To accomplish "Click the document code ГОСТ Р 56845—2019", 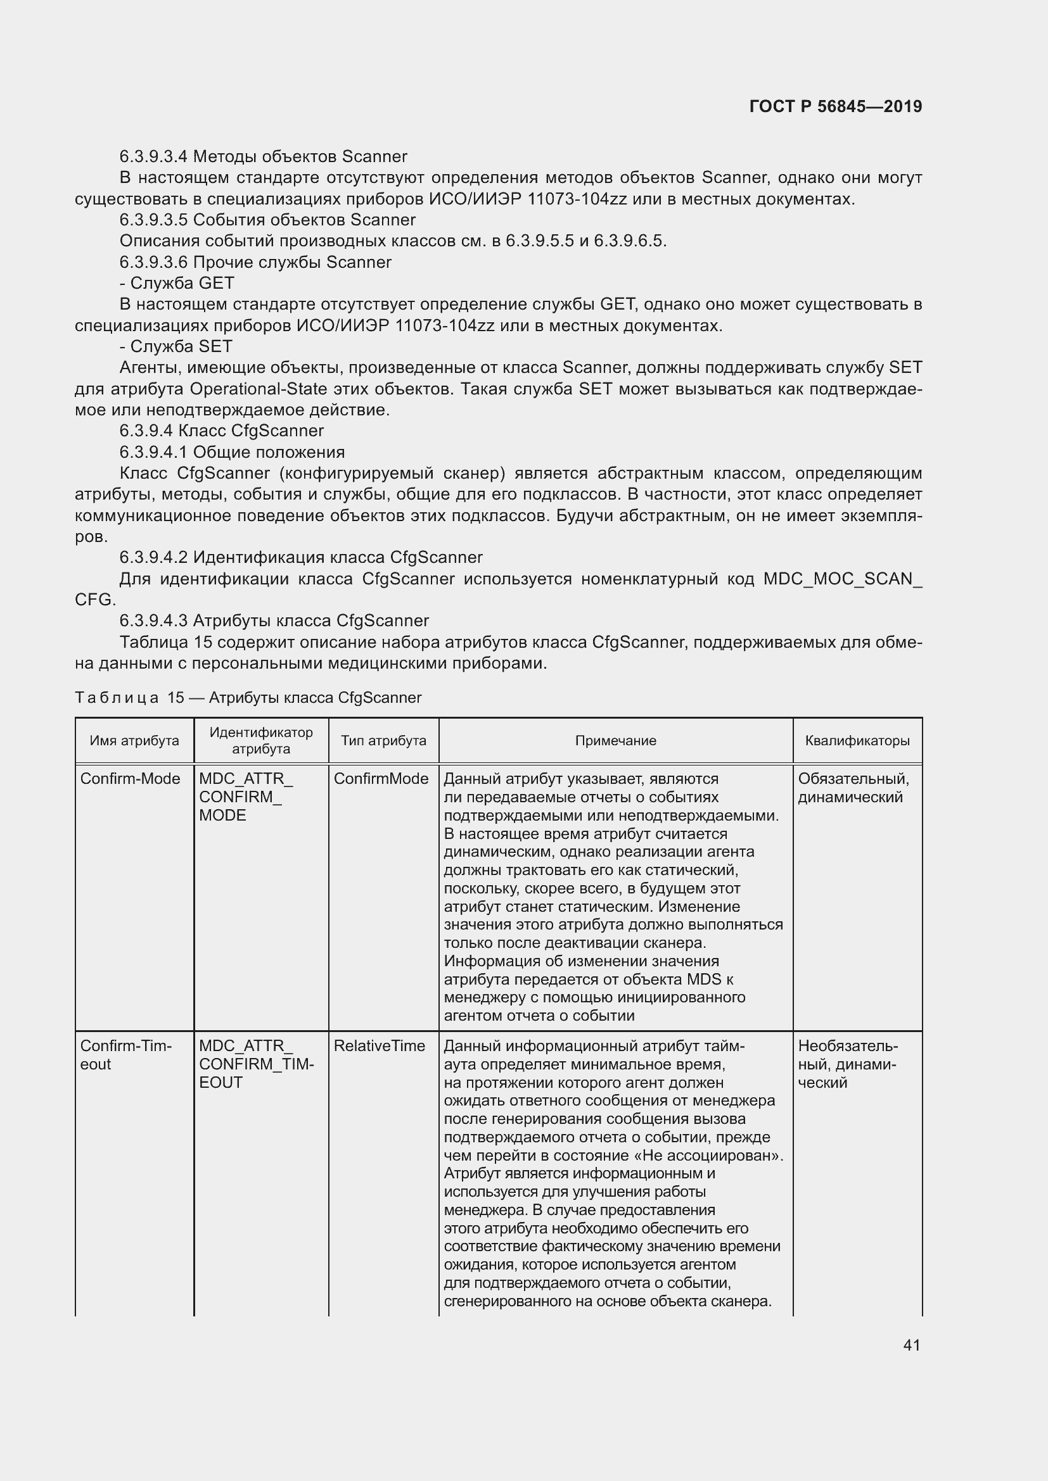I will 835,106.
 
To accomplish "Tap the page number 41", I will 911,1345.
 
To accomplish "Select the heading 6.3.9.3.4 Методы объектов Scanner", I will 264,157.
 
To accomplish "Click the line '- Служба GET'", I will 177,283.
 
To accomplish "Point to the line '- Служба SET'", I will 176,346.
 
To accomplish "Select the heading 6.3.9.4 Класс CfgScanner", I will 221,431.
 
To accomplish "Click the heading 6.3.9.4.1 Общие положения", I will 232,452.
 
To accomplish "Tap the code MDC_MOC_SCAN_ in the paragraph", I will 842,579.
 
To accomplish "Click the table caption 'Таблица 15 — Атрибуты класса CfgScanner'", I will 248,697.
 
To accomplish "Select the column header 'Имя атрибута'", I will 134,741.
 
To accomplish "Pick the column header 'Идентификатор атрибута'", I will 260,741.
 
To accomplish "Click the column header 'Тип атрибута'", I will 383,741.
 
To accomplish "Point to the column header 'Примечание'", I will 615,741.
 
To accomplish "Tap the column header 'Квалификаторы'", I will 857,741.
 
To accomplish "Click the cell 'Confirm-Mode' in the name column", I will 130,779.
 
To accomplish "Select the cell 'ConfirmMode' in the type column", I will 381,779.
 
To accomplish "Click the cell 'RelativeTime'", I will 379,1045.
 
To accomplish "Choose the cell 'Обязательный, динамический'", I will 853,788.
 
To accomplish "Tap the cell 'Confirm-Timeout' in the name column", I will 125,1055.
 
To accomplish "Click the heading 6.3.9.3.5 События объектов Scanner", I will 267,220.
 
